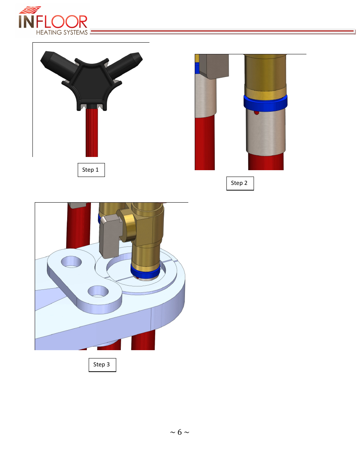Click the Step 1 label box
(x=91, y=170)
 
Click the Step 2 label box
(x=240, y=183)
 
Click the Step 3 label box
(x=102, y=365)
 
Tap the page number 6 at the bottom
(x=180, y=432)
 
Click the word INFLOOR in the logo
(x=53, y=22)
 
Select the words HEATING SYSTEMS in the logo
(x=62, y=32)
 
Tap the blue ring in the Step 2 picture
(x=265, y=103)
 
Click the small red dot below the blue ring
(x=257, y=112)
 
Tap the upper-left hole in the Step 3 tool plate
(x=71, y=262)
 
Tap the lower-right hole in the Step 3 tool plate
(x=98, y=291)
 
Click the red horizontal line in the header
(x=222, y=31)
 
